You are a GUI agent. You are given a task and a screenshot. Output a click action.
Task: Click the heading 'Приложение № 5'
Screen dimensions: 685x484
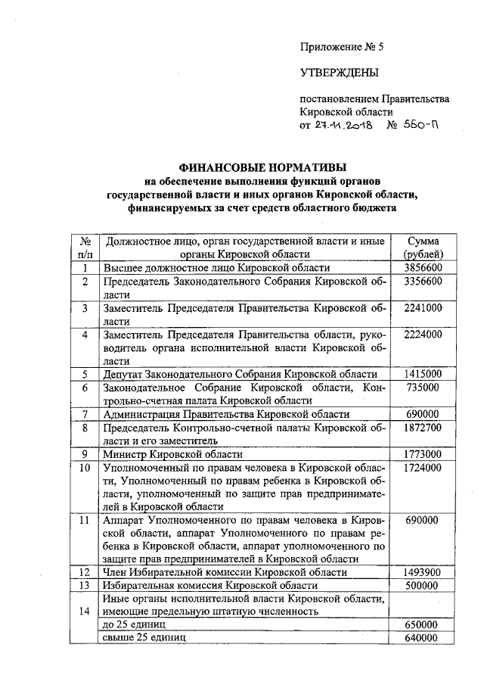pos(343,47)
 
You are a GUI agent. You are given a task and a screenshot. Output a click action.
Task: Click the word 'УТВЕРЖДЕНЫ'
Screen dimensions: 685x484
pos(339,73)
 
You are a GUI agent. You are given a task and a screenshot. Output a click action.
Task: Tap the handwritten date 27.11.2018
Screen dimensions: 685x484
pos(344,126)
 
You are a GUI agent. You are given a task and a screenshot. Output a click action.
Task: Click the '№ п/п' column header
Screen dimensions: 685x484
pos(85,248)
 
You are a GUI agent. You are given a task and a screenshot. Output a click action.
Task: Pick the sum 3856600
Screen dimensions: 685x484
pos(423,268)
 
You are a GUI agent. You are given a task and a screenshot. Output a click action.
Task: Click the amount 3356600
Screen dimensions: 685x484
pos(423,282)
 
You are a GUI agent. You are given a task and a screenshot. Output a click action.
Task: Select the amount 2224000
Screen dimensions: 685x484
pos(423,335)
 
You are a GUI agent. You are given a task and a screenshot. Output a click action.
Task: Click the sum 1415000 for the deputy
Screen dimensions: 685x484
pos(423,374)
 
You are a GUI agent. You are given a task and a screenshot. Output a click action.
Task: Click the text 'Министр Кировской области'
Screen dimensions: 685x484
pos(173,454)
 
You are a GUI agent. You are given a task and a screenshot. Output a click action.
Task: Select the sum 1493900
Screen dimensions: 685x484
pos(423,572)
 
